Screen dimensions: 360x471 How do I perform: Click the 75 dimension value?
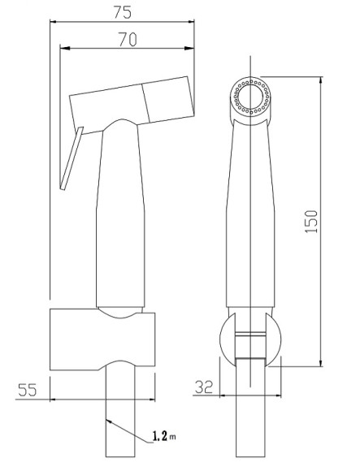coord(123,12)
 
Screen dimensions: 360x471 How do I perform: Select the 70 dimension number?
coord(128,39)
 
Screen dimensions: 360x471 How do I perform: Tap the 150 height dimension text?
coord(311,222)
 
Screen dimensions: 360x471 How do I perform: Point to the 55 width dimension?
coord(28,390)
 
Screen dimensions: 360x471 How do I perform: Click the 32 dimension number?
coord(204,387)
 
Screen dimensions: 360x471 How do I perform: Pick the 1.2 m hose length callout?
coord(164,436)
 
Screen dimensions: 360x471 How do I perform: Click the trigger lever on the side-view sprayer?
coord(72,158)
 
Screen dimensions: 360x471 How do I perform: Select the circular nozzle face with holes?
coord(251,96)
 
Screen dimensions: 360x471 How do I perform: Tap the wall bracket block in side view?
coord(102,339)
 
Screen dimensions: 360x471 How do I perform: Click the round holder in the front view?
coord(250,339)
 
